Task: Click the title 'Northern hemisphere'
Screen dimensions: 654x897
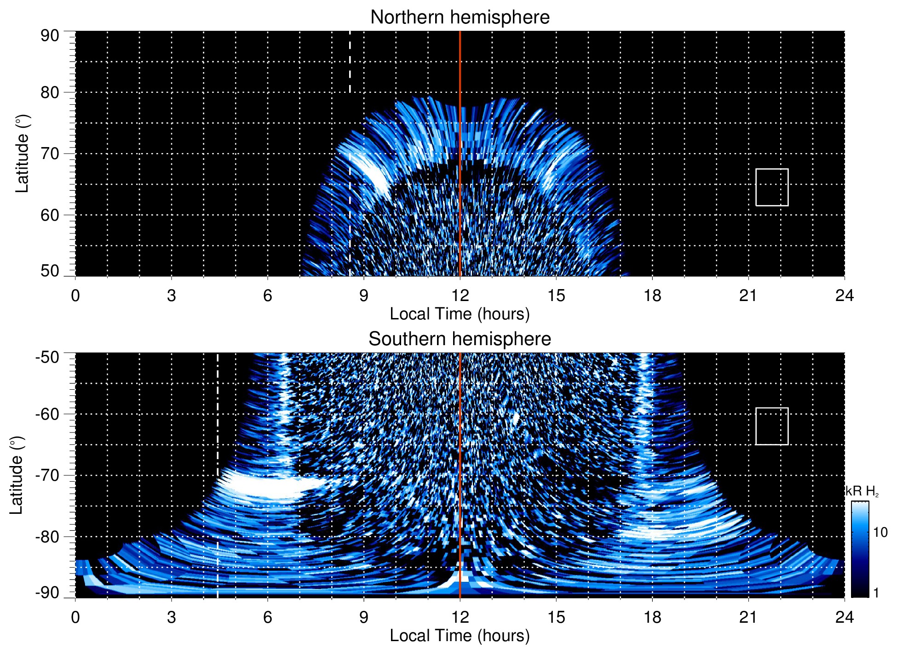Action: (460, 17)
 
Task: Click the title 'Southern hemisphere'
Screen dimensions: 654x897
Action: (460, 339)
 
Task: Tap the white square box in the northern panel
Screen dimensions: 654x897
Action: (771, 187)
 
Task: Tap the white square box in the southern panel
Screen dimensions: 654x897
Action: (771, 426)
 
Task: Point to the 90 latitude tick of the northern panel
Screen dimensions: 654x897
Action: (50, 36)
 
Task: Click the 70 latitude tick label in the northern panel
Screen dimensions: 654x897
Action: (50, 154)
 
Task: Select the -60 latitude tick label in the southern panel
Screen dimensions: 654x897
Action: (47, 414)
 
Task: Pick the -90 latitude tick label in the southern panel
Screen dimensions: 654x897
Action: (47, 592)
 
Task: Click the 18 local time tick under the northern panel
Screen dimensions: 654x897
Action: (652, 296)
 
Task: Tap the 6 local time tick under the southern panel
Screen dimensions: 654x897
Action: (267, 617)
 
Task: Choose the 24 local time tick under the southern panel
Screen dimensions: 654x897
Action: (844, 617)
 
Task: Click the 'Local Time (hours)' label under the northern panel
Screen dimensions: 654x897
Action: (460, 314)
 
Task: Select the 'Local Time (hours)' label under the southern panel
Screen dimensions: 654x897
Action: (460, 636)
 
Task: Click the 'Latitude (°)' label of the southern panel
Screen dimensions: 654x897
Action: (17, 475)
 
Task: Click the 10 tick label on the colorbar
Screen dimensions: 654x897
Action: (880, 532)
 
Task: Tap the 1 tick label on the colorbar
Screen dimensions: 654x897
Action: (876, 592)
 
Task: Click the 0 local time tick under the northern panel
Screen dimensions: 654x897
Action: (75, 296)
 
